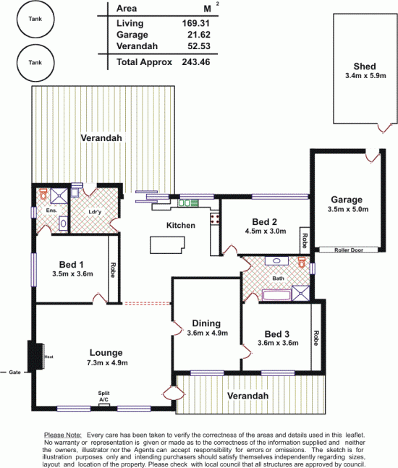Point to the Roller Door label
(x=349, y=250)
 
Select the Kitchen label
(x=181, y=226)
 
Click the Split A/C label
(x=104, y=396)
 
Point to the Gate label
(x=14, y=372)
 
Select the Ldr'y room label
(x=95, y=212)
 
